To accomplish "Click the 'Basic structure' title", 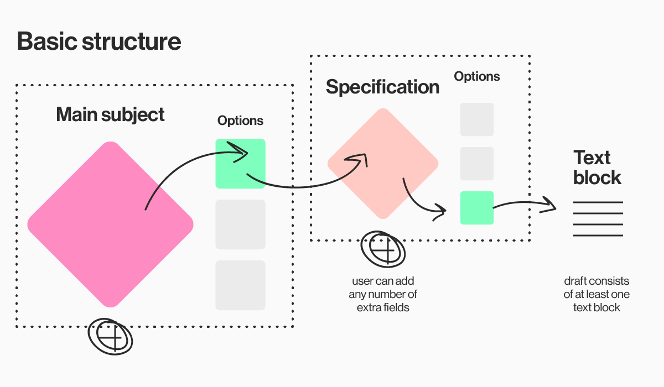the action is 99,41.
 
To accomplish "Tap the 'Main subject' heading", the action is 110,114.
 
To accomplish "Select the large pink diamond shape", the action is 110,224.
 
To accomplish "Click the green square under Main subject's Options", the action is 240,164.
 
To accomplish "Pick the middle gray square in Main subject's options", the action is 240,224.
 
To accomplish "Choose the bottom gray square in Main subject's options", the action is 240,285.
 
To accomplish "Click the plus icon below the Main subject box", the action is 110,337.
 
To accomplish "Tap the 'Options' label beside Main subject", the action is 240,121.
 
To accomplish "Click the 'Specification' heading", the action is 382,87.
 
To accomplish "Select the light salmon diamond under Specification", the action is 383,164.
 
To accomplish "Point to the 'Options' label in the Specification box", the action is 477,76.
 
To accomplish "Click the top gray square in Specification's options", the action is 477,119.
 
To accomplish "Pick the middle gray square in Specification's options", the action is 477,164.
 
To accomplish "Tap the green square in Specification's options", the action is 477,208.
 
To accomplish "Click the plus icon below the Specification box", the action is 383,249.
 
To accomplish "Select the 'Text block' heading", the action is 597,168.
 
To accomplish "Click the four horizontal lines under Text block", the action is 598,219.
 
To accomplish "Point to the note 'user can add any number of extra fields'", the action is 383,294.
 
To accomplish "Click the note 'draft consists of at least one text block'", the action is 596,294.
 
